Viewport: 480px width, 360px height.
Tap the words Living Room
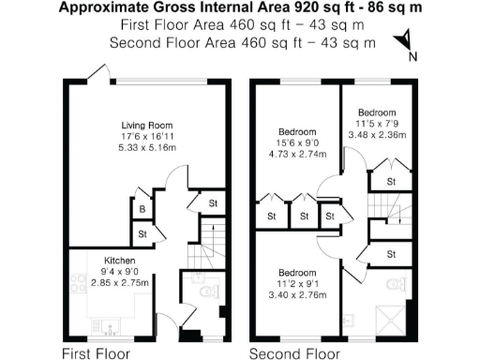coord(147,125)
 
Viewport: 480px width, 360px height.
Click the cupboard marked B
coord(142,210)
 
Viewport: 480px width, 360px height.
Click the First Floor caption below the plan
coord(96,353)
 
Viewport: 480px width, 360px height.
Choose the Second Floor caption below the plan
coord(292,353)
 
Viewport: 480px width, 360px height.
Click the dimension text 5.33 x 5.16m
coord(147,147)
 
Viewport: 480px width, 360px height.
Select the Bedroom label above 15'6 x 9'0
coord(297,132)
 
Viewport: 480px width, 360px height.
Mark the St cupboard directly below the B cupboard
coord(142,233)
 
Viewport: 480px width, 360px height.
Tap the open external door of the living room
coord(95,72)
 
